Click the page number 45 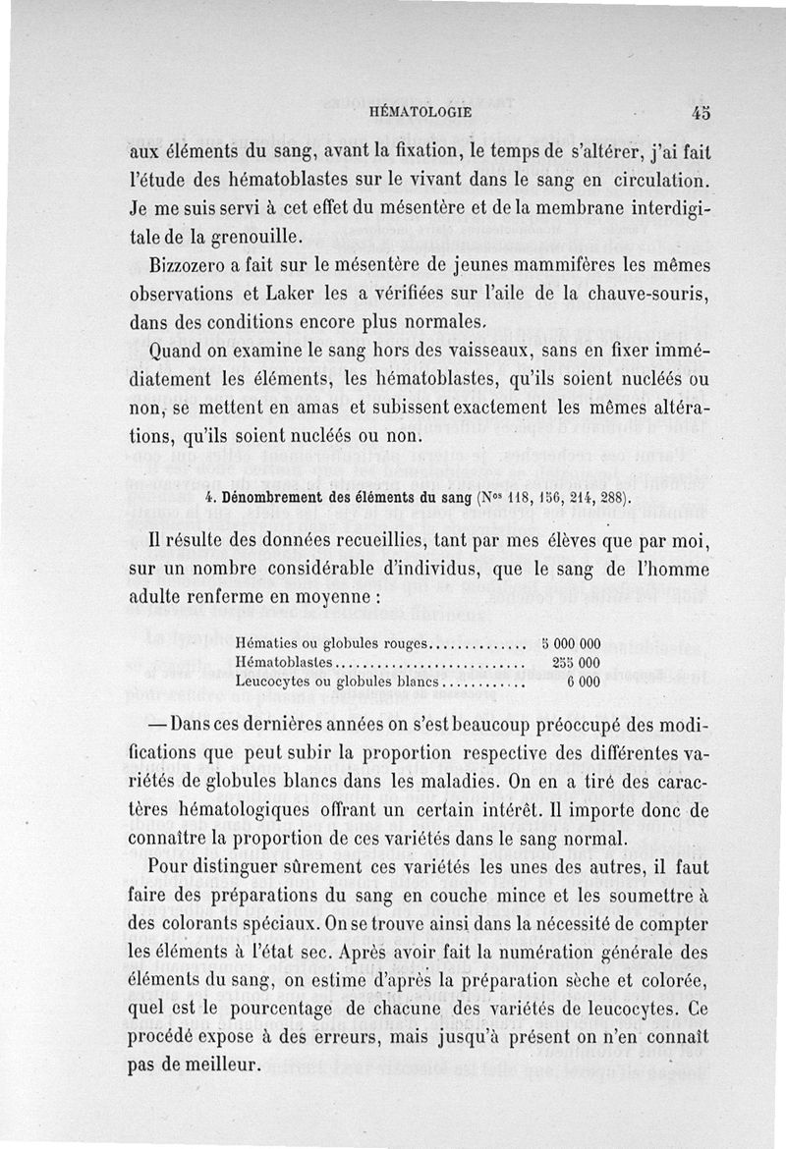tap(701, 113)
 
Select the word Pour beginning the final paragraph tap(168, 868)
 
